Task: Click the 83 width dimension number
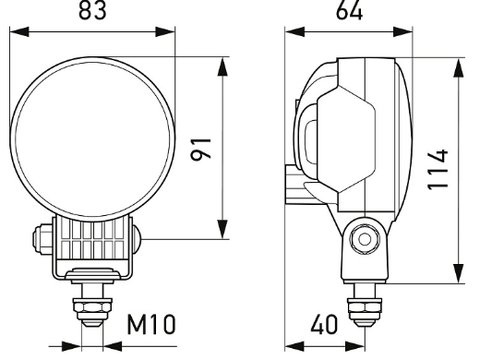click(x=92, y=10)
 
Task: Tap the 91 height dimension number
click(x=201, y=150)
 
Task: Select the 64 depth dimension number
click(x=349, y=11)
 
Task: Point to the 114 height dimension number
click(x=438, y=170)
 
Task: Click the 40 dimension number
click(x=324, y=325)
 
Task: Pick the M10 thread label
click(x=151, y=324)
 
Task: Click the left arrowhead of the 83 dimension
click(x=19, y=31)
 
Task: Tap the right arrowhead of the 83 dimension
click(x=165, y=31)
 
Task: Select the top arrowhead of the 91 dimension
click(x=222, y=66)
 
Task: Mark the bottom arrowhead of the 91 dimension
click(x=222, y=230)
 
